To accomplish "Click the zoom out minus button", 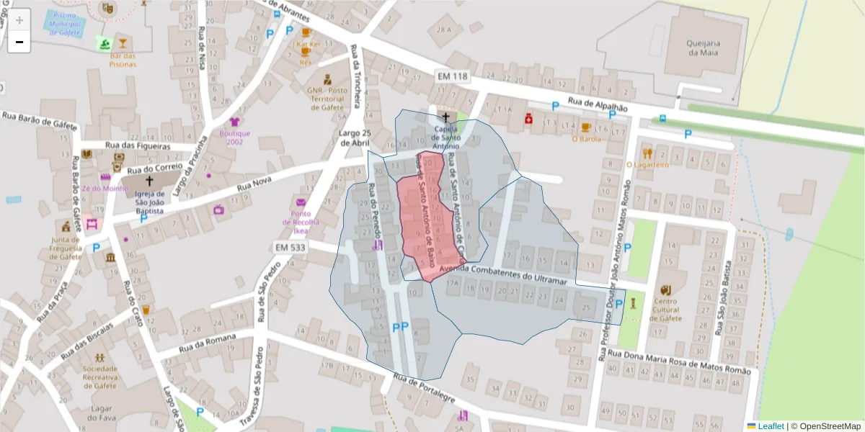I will pyautogui.click(x=19, y=42).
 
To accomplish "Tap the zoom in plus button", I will pyautogui.click(x=19, y=20).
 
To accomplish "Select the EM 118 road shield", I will pyautogui.click(x=452, y=76).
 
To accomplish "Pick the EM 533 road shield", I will pyautogui.click(x=290, y=247).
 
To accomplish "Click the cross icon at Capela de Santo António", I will pyautogui.click(x=445, y=117).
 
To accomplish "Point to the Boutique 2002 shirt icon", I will pyautogui.click(x=234, y=122).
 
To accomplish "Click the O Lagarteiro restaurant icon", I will pyautogui.click(x=647, y=153).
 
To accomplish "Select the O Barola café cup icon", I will pyautogui.click(x=585, y=127).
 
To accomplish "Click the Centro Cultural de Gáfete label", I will pyautogui.click(x=667, y=310).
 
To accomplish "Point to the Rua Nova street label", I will pyautogui.click(x=253, y=185).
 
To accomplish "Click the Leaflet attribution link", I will pyautogui.click(x=771, y=426).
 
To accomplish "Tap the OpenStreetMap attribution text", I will pyautogui.click(x=826, y=426).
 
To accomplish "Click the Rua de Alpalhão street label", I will pyautogui.click(x=598, y=104).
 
